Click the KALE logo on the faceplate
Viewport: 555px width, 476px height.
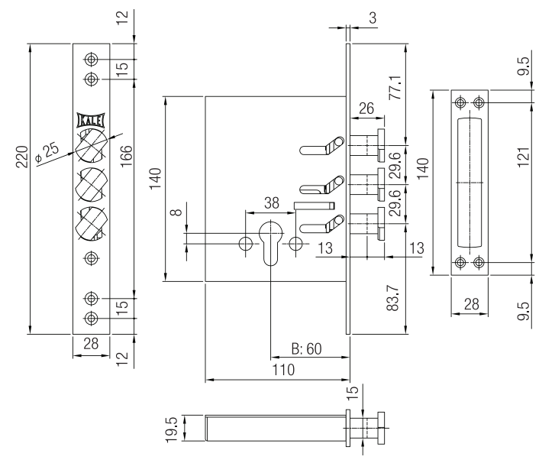coord(92,119)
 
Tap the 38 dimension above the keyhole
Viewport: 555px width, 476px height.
coord(269,203)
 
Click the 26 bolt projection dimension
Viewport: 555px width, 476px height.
coord(366,109)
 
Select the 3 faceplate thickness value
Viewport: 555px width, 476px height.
coord(370,17)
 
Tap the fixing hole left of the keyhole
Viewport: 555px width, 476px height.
coord(246,244)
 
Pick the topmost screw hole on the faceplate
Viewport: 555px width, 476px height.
coord(92,59)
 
